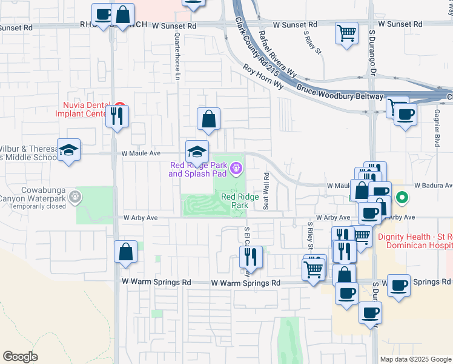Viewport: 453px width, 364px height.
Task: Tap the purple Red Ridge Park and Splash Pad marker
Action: click(236, 168)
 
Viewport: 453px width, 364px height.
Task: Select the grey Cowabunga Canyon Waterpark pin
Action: click(75, 196)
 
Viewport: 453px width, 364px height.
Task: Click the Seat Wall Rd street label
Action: click(266, 190)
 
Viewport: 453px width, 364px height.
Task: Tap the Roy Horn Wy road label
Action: click(263, 77)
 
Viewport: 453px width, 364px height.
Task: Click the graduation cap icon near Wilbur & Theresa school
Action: click(68, 150)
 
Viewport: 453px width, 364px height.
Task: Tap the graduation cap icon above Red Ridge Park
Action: click(197, 151)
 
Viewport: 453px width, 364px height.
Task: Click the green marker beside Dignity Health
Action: click(401, 197)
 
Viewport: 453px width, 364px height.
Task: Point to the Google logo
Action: click(20, 357)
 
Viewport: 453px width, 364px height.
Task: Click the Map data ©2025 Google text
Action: click(415, 359)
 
